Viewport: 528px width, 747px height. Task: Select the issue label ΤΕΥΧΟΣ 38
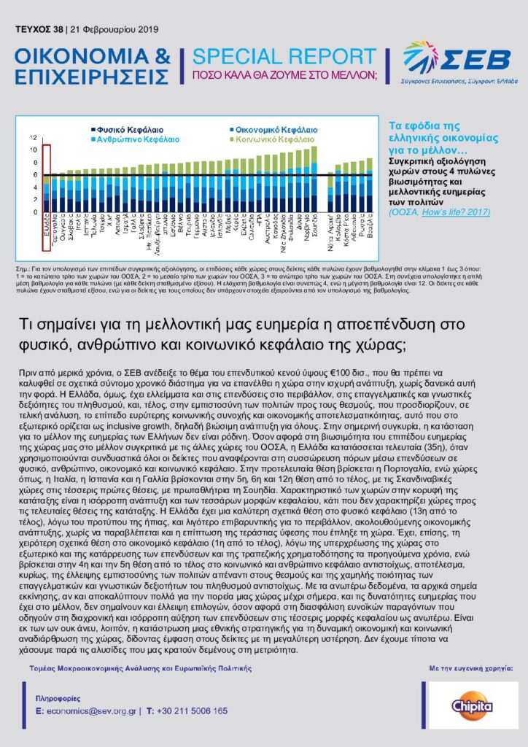click(38, 29)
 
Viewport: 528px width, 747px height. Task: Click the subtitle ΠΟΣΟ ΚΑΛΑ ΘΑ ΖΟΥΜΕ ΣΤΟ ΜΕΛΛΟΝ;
click(285, 75)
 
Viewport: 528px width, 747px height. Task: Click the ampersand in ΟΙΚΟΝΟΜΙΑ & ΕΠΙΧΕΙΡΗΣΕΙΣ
click(162, 57)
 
